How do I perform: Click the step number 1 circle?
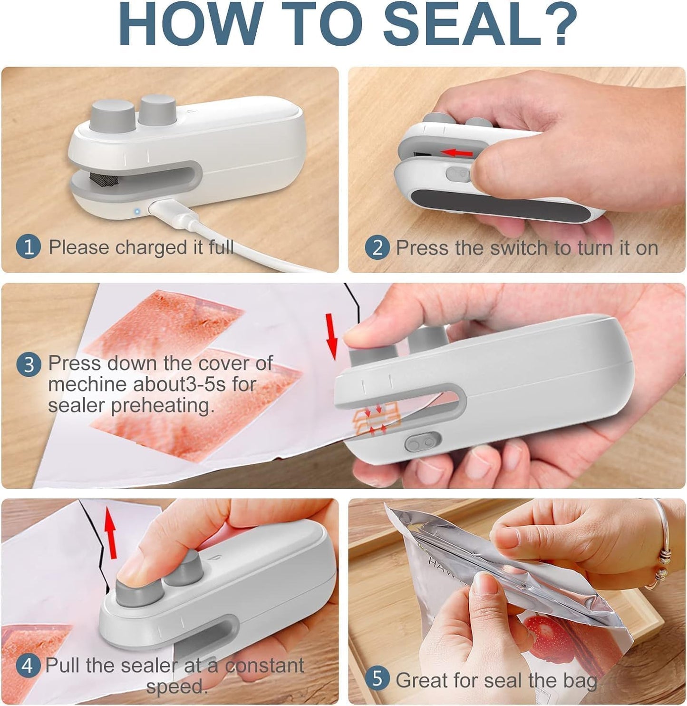coord(29,248)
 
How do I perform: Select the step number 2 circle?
coord(377,248)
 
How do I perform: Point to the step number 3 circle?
coord(29,365)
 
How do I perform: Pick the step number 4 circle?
coord(27,666)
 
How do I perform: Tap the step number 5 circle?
coord(377,679)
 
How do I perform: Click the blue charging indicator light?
coord(137,211)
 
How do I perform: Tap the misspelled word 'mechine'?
coord(88,384)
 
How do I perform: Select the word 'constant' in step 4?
coord(264,666)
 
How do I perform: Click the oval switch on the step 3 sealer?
coord(422,442)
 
